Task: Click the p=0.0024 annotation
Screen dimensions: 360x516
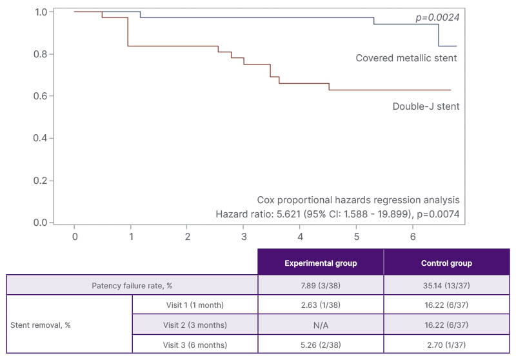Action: coord(436,17)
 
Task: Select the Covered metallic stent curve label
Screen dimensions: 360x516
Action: coord(406,58)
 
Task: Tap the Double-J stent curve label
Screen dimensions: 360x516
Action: coord(426,106)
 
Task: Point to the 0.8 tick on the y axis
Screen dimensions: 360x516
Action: coord(40,54)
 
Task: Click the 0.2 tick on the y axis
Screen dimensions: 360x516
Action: coord(40,181)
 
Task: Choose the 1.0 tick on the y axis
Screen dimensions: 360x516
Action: coord(40,12)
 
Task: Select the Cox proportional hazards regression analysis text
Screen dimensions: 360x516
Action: coord(358,199)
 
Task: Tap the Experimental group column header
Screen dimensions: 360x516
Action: coord(321,263)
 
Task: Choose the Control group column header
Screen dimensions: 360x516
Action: coord(447,263)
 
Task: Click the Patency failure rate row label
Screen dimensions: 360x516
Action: coord(132,285)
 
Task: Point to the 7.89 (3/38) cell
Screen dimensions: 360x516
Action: coord(321,285)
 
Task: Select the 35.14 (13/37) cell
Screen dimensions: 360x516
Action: coord(447,285)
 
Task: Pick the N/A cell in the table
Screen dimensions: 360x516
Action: coord(321,325)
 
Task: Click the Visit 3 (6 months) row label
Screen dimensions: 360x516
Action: coord(194,344)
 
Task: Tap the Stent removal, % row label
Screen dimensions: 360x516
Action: coord(42,325)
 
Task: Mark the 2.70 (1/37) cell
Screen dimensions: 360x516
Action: coord(447,344)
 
